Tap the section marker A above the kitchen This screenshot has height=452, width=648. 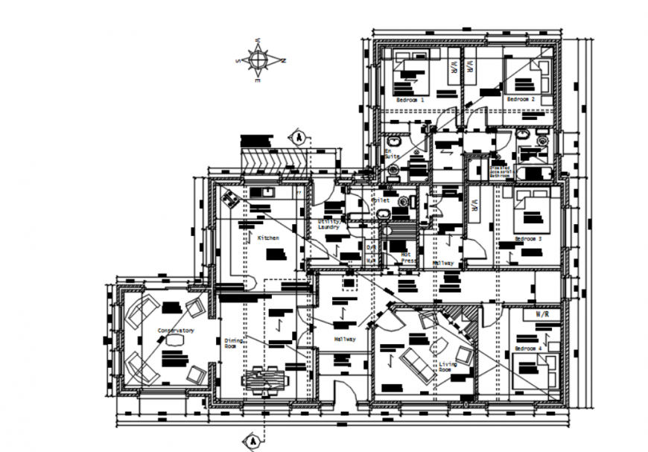tap(296, 137)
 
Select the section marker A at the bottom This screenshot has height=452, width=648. tap(254, 440)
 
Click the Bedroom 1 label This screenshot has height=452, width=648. tap(410, 99)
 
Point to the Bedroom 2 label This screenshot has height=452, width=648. tap(521, 99)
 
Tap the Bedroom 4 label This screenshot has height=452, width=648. tap(529, 348)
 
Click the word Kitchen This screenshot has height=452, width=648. tap(268, 238)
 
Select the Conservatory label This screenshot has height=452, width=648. tap(176, 329)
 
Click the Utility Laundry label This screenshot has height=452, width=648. tap(328, 224)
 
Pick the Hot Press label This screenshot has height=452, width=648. tap(407, 257)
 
